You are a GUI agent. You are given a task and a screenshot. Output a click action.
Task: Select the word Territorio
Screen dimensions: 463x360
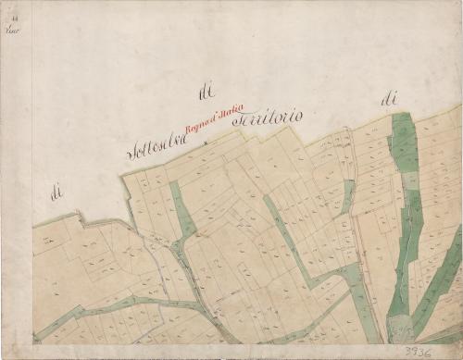coord(269,118)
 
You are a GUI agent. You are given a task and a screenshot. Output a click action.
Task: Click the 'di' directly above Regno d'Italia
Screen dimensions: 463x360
coord(206,91)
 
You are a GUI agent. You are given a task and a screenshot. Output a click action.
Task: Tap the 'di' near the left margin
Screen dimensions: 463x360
coord(56,192)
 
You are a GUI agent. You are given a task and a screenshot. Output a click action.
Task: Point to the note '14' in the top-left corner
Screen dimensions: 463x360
coord(12,28)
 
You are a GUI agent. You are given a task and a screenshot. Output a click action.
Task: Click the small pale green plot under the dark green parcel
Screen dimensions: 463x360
coord(409,180)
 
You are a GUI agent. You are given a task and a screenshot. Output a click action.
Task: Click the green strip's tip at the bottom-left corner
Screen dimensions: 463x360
coord(37,337)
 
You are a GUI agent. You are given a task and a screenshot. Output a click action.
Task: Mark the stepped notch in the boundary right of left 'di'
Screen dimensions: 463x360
coord(81,218)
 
